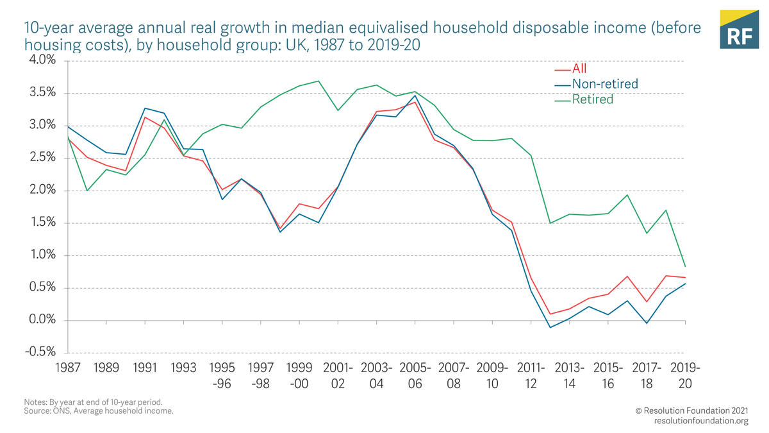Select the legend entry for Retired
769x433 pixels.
point(592,99)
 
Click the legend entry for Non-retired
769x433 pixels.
point(604,84)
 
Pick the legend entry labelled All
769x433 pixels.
point(579,69)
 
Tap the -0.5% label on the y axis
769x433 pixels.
point(40,353)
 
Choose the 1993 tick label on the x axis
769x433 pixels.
point(183,368)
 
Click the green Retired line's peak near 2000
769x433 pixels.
point(318,81)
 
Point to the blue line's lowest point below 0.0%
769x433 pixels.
point(550,328)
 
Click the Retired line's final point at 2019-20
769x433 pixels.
point(686,266)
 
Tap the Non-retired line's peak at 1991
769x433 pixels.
point(145,108)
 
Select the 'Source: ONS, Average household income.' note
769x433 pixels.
point(98,411)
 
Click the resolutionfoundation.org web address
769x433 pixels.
point(701,421)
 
